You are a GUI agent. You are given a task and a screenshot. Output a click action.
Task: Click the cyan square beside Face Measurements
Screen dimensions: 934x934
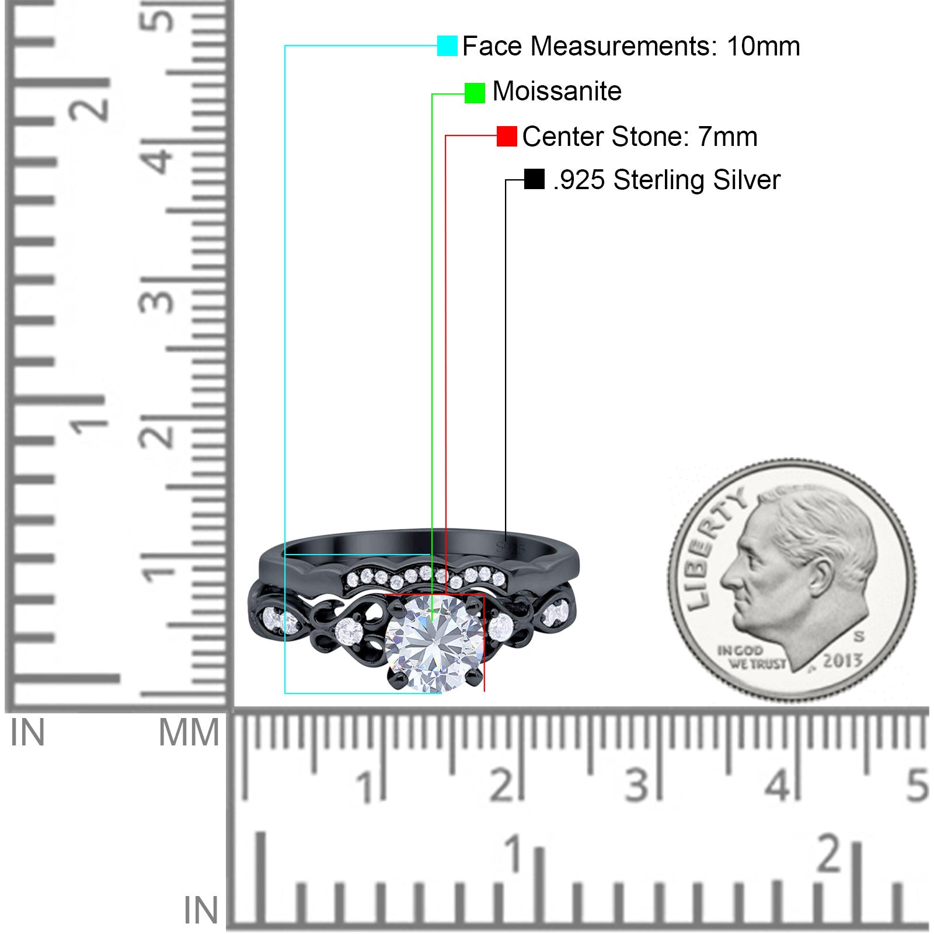coord(447,46)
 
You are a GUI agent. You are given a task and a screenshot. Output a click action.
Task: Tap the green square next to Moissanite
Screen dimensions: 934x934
coord(475,93)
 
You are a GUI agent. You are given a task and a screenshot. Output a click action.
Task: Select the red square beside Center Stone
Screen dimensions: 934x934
coord(507,137)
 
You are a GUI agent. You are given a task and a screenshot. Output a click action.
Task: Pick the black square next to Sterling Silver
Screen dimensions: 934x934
coord(534,179)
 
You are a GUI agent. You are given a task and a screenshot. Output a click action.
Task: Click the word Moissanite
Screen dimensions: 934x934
coord(557,91)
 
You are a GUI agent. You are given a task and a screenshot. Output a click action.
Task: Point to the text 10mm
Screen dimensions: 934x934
coord(763,46)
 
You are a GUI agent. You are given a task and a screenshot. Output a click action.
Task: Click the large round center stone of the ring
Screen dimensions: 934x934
coord(435,643)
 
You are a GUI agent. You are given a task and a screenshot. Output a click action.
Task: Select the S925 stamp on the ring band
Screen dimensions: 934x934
coord(510,548)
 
